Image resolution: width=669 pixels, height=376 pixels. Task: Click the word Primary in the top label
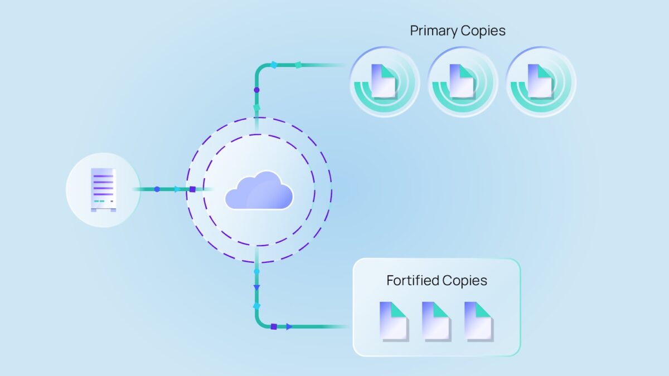(434, 31)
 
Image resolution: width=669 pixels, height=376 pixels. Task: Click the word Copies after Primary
(483, 31)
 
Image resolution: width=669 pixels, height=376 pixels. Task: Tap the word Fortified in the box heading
(413, 281)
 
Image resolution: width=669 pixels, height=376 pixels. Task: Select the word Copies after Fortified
(465, 281)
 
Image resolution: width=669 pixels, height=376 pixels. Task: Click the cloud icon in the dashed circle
(259, 190)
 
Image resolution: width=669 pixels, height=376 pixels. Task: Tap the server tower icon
(103, 190)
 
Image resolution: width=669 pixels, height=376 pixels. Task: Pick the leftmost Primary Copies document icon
(384, 81)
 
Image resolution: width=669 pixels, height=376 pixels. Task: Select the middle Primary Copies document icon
(462, 81)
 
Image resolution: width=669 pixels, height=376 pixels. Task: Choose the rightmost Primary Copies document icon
(541, 81)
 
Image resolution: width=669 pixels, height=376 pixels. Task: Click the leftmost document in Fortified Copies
(394, 321)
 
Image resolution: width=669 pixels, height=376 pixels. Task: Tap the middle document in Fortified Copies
(436, 321)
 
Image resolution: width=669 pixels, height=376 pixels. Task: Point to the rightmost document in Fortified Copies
(478, 321)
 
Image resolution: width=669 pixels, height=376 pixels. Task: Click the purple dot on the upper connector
(256, 90)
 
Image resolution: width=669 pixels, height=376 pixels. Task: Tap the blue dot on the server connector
(157, 189)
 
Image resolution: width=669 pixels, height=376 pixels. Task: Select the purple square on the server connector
(193, 189)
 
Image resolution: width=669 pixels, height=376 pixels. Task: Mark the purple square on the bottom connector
(274, 327)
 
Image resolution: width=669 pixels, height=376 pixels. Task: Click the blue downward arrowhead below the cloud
(256, 287)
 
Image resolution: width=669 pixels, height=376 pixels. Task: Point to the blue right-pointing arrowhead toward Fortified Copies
(289, 327)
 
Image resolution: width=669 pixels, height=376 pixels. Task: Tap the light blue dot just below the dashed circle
(256, 272)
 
